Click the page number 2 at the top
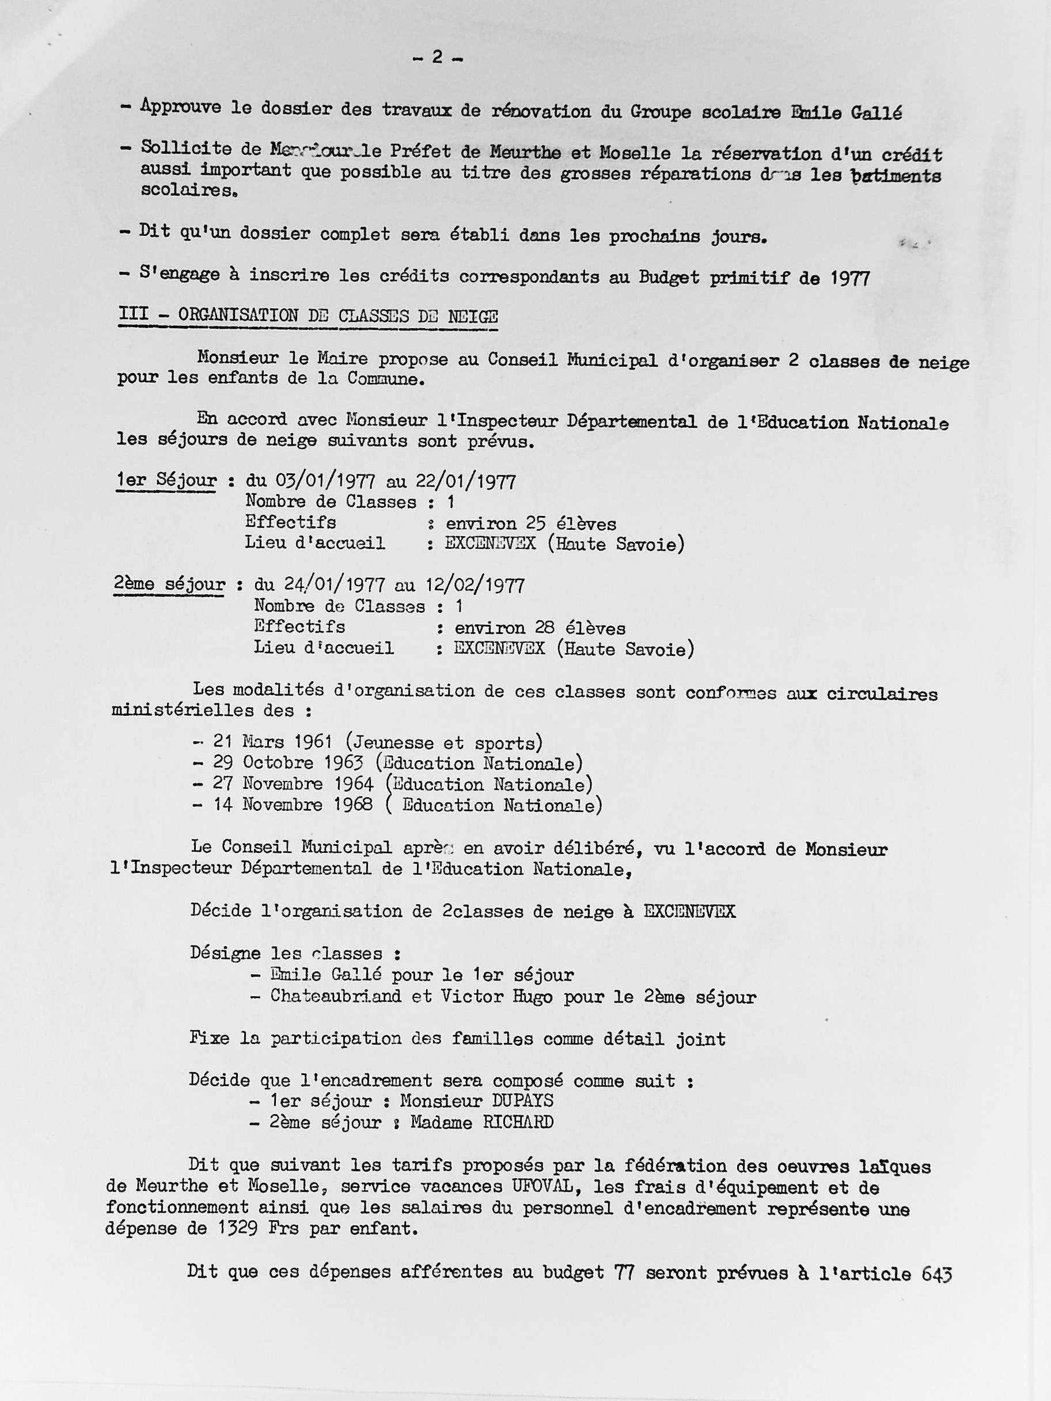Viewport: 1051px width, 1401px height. click(437, 58)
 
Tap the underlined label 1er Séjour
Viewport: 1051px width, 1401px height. click(166, 481)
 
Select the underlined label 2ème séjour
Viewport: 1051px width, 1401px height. click(169, 584)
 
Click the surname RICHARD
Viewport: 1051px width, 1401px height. click(518, 1122)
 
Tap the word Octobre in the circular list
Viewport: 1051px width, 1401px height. click(278, 762)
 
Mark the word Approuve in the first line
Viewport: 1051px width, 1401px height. click(181, 107)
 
